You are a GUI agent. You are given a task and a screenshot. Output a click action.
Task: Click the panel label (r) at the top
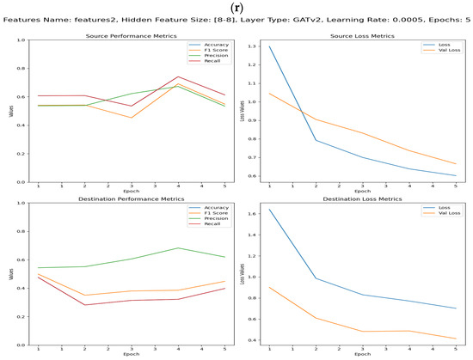(x=236, y=7)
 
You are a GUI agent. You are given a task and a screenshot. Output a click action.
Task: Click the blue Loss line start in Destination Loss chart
(x=273, y=209)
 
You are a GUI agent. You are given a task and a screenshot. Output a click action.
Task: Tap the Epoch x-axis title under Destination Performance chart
(x=131, y=353)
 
